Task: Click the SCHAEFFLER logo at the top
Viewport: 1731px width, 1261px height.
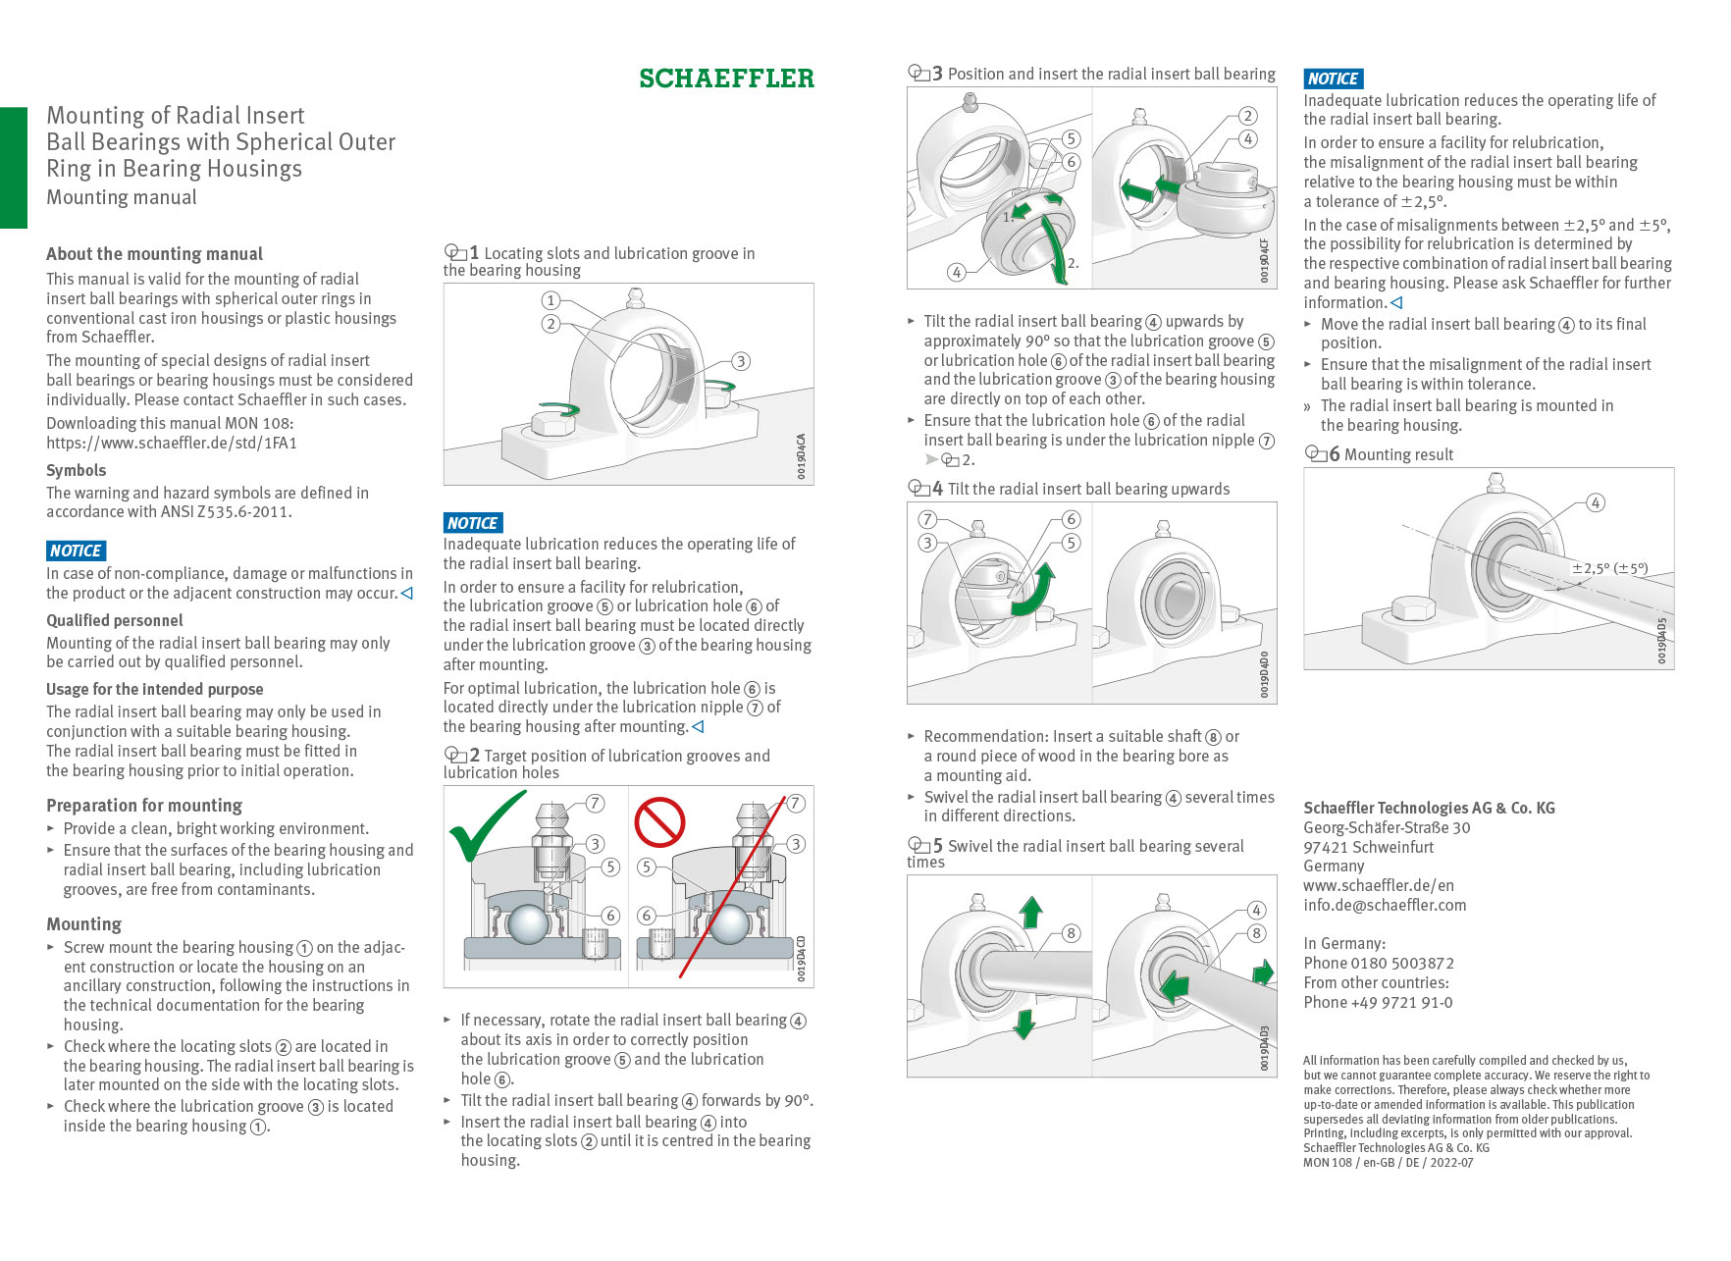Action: [726, 79]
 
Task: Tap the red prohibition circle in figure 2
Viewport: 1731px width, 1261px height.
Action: [659, 822]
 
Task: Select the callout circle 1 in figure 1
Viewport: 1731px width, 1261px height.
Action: [551, 300]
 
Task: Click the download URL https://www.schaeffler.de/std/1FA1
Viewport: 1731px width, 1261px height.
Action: [172, 443]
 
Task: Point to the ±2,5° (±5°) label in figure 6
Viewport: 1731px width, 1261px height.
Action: [1609, 568]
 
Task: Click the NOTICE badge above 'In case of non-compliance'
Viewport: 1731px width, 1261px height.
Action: [76, 551]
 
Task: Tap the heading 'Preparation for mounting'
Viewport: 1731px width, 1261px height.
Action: [144, 805]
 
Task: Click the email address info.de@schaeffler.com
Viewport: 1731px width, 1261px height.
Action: [1385, 905]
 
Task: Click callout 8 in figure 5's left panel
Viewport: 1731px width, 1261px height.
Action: [1071, 933]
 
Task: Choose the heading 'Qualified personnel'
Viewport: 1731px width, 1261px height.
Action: [115, 620]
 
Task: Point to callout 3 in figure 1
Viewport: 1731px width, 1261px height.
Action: [741, 361]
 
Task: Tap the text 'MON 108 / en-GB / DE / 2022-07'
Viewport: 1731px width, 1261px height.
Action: [1388, 1162]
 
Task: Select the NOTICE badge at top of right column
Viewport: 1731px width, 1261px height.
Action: [1333, 79]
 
